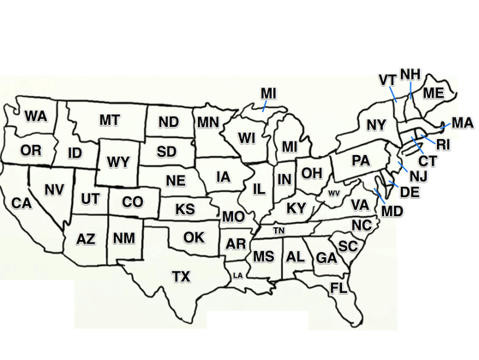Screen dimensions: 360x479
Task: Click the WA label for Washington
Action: coord(35,116)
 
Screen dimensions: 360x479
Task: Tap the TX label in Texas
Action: coord(181,276)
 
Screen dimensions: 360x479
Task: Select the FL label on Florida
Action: coord(338,287)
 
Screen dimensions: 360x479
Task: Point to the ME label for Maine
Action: coord(434,93)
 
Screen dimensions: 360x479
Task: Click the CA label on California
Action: coord(21,203)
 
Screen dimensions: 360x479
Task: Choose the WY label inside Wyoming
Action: coord(117,161)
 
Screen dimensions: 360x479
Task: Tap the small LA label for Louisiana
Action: coord(237,275)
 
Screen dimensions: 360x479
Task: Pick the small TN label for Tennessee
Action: coord(278,231)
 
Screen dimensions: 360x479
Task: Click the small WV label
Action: coord(334,193)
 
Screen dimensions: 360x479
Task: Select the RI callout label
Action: coord(442,144)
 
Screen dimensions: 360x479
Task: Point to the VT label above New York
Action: coord(387,80)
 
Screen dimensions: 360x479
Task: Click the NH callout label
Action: coord(410,74)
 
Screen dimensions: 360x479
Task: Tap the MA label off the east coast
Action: coord(462,123)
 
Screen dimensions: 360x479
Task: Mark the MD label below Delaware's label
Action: coord(392,210)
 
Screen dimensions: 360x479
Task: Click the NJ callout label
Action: coord(418,176)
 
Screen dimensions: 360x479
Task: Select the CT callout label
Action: coord(428,160)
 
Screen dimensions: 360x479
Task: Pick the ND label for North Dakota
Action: coord(169,123)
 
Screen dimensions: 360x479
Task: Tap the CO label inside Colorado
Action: coord(132,202)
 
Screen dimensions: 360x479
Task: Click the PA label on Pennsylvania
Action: coord(361,160)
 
